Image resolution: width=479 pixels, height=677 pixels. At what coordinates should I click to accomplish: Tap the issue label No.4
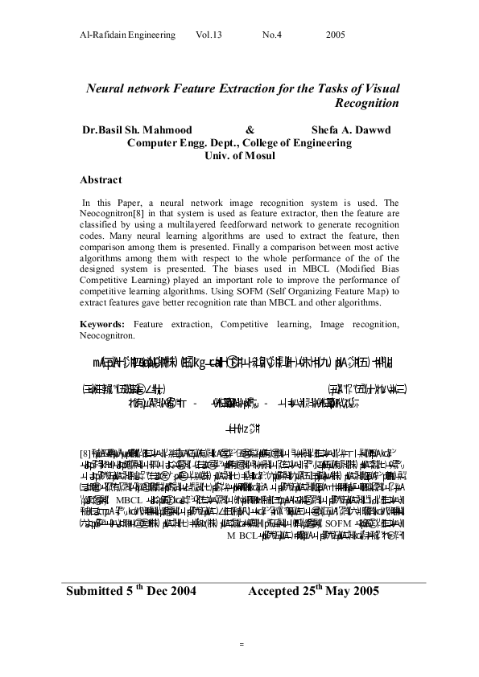[x=272, y=36]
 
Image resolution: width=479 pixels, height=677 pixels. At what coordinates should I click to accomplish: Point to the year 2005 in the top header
[x=336, y=36]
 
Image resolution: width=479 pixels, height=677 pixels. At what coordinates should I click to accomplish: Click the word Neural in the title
[x=107, y=87]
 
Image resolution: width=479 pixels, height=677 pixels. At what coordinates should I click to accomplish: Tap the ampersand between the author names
[x=250, y=129]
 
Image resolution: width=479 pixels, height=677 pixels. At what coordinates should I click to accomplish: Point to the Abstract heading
[x=101, y=180]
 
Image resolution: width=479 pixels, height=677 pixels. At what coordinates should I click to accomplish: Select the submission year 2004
[x=180, y=593]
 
